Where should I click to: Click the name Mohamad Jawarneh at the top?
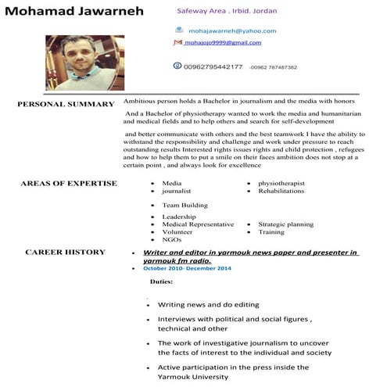pyautogui.click(x=72, y=13)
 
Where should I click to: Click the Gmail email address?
pyautogui.click(x=223, y=43)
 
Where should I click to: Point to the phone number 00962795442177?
pyautogui.click(x=213, y=66)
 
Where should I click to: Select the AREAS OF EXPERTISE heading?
pyautogui.click(x=69, y=184)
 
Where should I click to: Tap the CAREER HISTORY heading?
pyautogui.click(x=65, y=252)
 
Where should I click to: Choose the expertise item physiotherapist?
pyautogui.click(x=281, y=184)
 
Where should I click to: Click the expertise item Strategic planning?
pyautogui.click(x=285, y=224)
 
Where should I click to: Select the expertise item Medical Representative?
pyautogui.click(x=198, y=224)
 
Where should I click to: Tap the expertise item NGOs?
pyautogui.click(x=171, y=239)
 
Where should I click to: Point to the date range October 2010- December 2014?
pyautogui.click(x=187, y=268)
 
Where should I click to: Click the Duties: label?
pyautogui.click(x=161, y=281)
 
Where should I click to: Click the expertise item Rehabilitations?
pyautogui.click(x=281, y=191)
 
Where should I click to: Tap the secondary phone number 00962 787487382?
pyautogui.click(x=272, y=67)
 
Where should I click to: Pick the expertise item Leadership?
pyautogui.click(x=179, y=217)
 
